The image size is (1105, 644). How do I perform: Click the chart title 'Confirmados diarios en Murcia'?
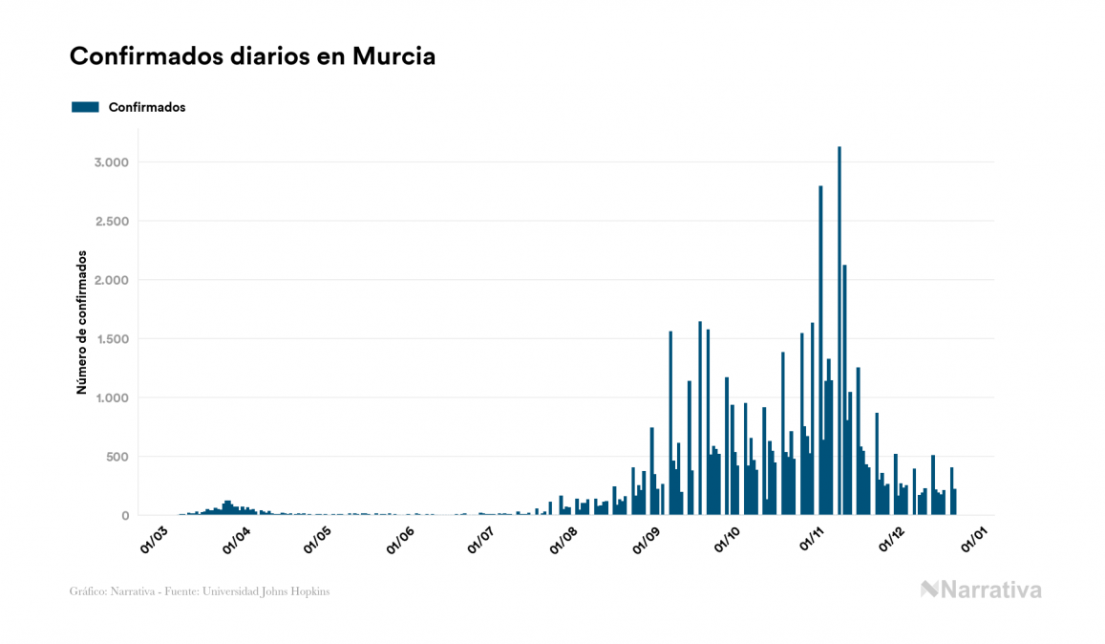(x=252, y=56)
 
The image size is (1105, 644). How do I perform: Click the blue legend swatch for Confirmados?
(x=85, y=107)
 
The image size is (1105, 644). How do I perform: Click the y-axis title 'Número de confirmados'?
(x=82, y=323)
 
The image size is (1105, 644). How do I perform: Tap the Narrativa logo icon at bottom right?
(x=929, y=590)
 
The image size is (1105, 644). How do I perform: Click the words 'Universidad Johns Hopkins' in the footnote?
(x=280, y=591)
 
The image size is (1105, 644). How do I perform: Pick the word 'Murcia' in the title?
(x=393, y=56)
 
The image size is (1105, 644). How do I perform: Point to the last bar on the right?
(x=955, y=503)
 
